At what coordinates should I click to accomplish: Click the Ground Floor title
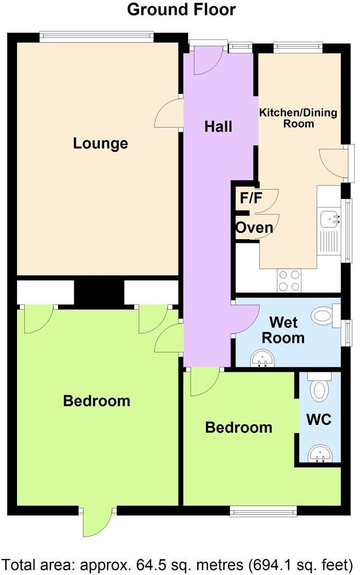(x=181, y=9)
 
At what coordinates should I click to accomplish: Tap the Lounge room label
(x=101, y=144)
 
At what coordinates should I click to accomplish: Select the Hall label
(x=218, y=127)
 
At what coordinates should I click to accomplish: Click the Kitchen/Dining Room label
(x=298, y=118)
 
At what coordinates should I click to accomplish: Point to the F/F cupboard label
(x=251, y=198)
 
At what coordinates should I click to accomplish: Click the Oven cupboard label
(x=254, y=228)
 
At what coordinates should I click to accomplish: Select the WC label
(x=319, y=419)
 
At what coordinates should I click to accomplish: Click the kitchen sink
(x=329, y=218)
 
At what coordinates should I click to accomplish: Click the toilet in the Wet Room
(x=324, y=315)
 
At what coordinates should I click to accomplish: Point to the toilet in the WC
(x=320, y=387)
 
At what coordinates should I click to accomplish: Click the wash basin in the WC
(x=320, y=455)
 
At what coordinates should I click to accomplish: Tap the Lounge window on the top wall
(x=97, y=37)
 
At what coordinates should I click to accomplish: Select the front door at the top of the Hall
(x=207, y=59)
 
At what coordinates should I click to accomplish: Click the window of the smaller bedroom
(x=263, y=510)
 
